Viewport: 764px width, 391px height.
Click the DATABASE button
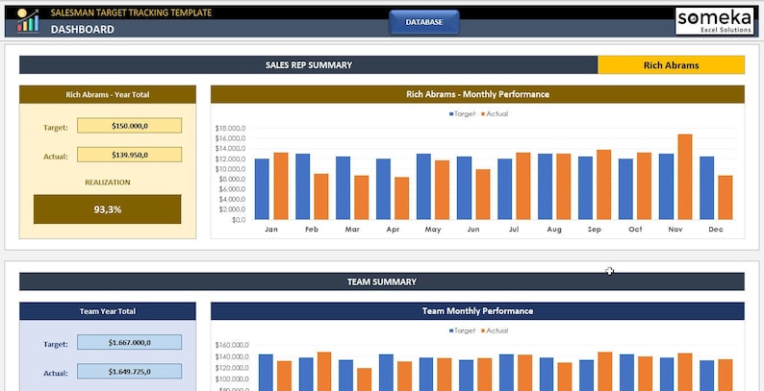[423, 22]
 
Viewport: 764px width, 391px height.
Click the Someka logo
[713, 21]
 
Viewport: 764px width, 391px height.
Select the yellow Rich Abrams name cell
[671, 65]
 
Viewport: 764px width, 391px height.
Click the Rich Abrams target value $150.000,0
[129, 126]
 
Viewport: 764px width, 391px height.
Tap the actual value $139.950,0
[129, 155]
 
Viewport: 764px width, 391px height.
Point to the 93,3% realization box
[107, 209]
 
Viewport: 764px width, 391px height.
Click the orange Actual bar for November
[684, 177]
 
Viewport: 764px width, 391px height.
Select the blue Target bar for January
[262, 189]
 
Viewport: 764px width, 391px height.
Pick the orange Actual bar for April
[401, 198]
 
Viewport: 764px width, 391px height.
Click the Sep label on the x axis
[594, 231]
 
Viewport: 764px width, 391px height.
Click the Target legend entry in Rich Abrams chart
[463, 113]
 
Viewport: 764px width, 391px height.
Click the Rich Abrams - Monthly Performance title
[477, 94]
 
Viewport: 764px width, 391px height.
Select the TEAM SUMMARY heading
[381, 282]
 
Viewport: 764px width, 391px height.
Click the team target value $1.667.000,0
[129, 342]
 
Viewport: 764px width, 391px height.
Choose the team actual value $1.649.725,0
[129, 372]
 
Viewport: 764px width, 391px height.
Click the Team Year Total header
[107, 311]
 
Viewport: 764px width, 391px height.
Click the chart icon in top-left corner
[28, 20]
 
